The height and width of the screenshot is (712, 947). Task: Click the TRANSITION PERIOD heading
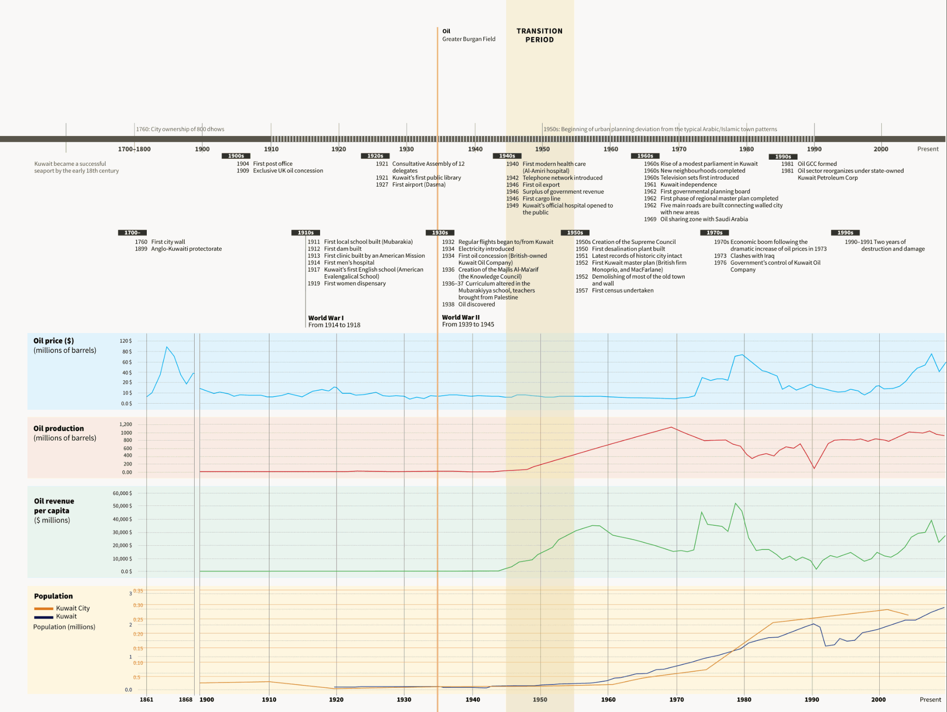tap(539, 36)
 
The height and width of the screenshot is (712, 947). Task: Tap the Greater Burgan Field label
tap(468, 39)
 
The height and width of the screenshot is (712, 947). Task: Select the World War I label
tap(326, 318)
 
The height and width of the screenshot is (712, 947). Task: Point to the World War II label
tap(461, 317)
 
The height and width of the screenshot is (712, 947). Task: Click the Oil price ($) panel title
tap(54, 341)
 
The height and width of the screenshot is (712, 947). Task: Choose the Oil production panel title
tap(58, 428)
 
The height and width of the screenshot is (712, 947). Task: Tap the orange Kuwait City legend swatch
tap(43, 609)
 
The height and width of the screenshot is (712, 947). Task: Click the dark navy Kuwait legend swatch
tap(43, 617)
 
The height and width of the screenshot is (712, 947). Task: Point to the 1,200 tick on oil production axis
tap(125, 424)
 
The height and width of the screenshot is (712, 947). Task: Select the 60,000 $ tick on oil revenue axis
tap(122, 494)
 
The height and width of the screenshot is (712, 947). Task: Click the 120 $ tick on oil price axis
tap(125, 341)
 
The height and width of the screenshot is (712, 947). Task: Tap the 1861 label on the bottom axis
tap(146, 700)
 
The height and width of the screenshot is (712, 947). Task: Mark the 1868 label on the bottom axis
tap(186, 700)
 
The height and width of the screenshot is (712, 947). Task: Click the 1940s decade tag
tap(507, 156)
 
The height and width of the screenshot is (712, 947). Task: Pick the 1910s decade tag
tap(305, 233)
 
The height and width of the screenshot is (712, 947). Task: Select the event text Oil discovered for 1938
tap(476, 305)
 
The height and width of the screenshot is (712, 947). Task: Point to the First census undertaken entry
tap(622, 290)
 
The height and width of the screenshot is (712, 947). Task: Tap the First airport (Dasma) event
tap(419, 185)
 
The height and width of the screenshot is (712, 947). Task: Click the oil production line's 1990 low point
tap(814, 469)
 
